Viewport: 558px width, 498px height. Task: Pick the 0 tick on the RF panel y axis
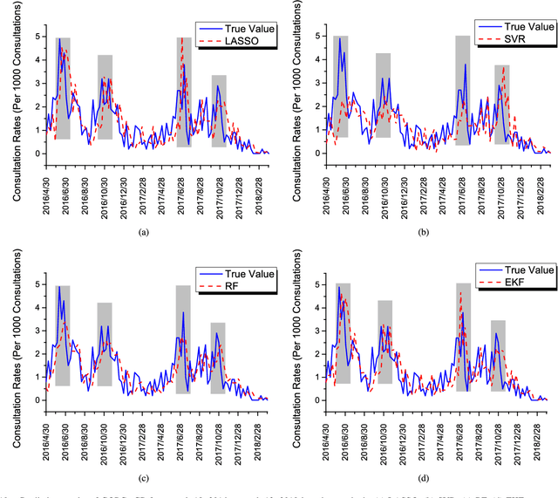tap(32, 400)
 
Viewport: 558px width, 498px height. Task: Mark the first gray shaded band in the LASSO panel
tap(64, 87)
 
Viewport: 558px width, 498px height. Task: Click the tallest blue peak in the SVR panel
tap(339, 38)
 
